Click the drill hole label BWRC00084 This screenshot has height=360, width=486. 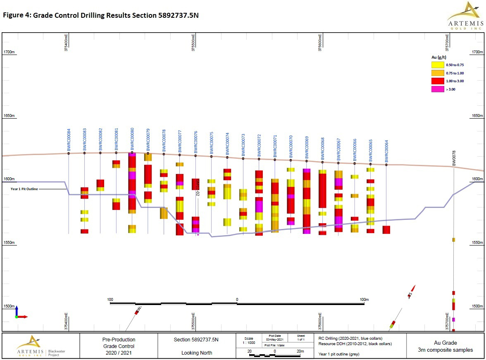coord(69,140)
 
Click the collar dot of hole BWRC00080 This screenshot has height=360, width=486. coord(132,153)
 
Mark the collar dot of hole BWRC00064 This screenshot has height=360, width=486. coord(386,165)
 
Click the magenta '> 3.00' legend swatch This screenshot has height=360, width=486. coord(437,89)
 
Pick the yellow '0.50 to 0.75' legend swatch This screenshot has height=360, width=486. coord(437,65)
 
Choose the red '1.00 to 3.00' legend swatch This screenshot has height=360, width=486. coord(437,81)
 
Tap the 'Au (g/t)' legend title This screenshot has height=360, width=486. coord(439,57)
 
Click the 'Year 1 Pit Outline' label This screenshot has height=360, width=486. coord(24,188)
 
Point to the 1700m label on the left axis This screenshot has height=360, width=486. coord(9,52)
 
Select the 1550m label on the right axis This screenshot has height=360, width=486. coord(477,243)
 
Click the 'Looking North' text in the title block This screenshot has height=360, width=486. coord(196,353)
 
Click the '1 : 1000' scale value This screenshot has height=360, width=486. coord(249,343)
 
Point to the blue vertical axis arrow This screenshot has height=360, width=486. coord(17,310)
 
